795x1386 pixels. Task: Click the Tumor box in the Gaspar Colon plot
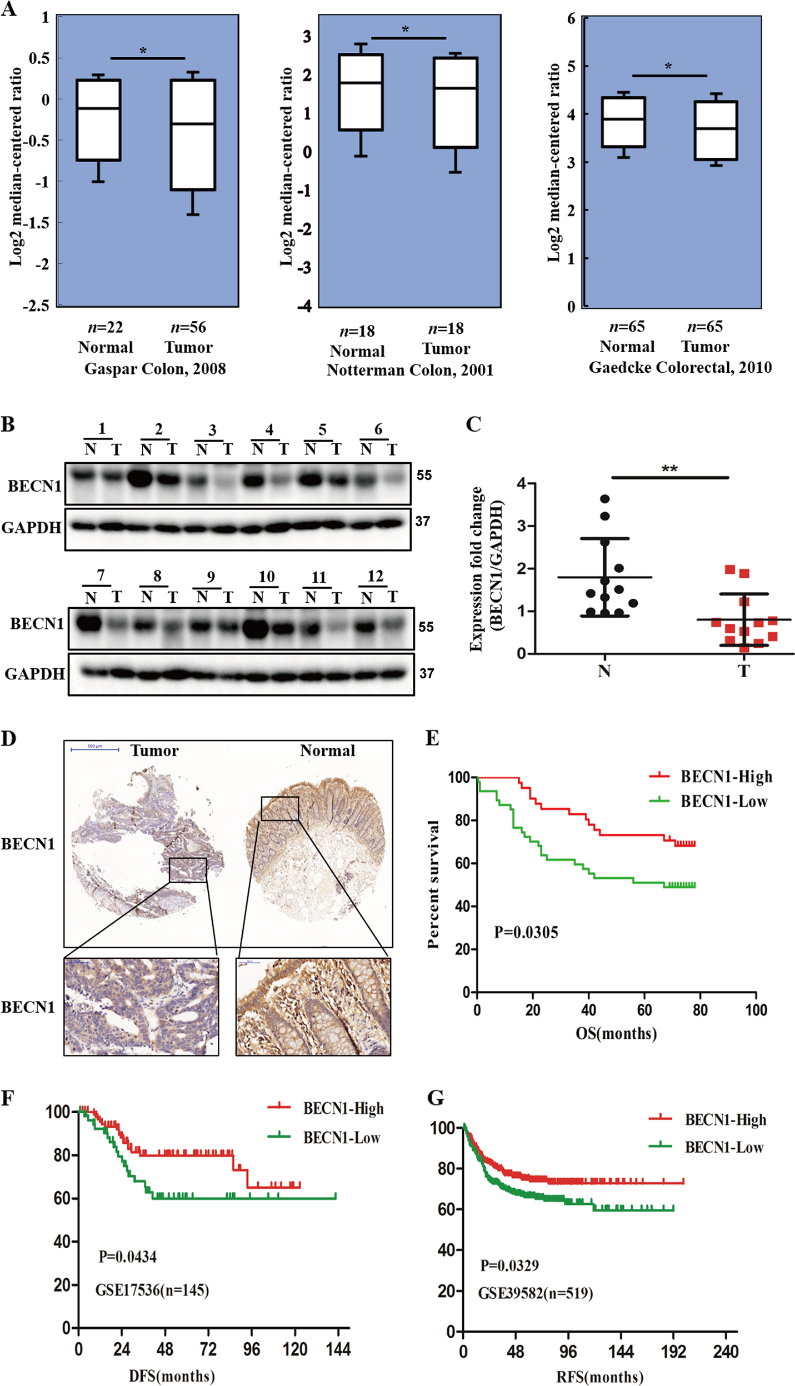(x=193, y=135)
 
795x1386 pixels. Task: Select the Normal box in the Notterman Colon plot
(x=361, y=92)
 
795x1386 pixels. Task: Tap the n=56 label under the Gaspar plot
(x=188, y=327)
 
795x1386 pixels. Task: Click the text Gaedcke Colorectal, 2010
(x=680, y=368)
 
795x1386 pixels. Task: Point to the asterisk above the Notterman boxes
(x=406, y=29)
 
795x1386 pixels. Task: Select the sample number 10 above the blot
(x=267, y=577)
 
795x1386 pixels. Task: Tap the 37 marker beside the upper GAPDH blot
(x=423, y=521)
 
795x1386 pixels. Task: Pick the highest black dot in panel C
(x=605, y=499)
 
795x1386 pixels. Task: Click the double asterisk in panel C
(x=669, y=469)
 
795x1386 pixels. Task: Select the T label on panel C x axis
(x=744, y=671)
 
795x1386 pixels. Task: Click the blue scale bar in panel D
(x=95, y=749)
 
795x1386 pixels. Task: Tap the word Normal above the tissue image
(x=327, y=751)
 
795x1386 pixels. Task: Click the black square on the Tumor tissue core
(x=188, y=869)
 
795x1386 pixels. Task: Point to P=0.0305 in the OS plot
(x=526, y=932)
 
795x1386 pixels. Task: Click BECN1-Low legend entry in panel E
(x=724, y=802)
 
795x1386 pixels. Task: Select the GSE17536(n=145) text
(x=152, y=1289)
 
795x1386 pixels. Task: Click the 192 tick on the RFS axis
(x=673, y=1351)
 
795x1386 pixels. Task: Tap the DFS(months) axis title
(x=172, y=1375)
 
